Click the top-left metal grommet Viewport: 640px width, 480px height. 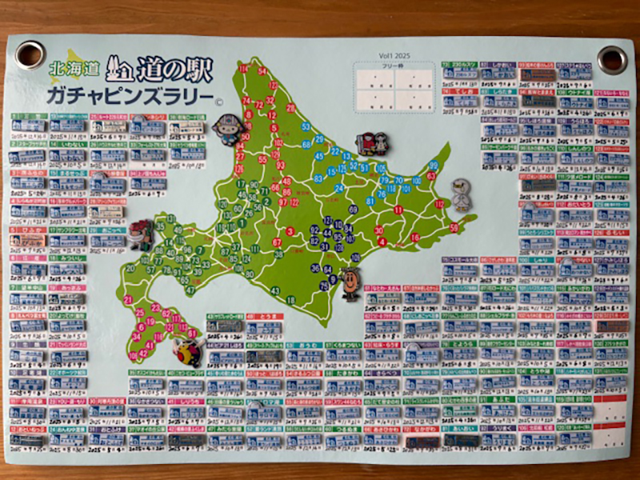click(x=30, y=54)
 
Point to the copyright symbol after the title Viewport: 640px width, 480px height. click(x=218, y=102)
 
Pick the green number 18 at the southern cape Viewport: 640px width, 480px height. click(x=290, y=300)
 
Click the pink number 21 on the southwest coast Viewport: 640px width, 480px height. click(x=129, y=300)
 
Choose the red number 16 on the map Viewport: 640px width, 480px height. click(x=414, y=238)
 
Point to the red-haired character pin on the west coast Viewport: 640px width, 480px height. click(x=141, y=234)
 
